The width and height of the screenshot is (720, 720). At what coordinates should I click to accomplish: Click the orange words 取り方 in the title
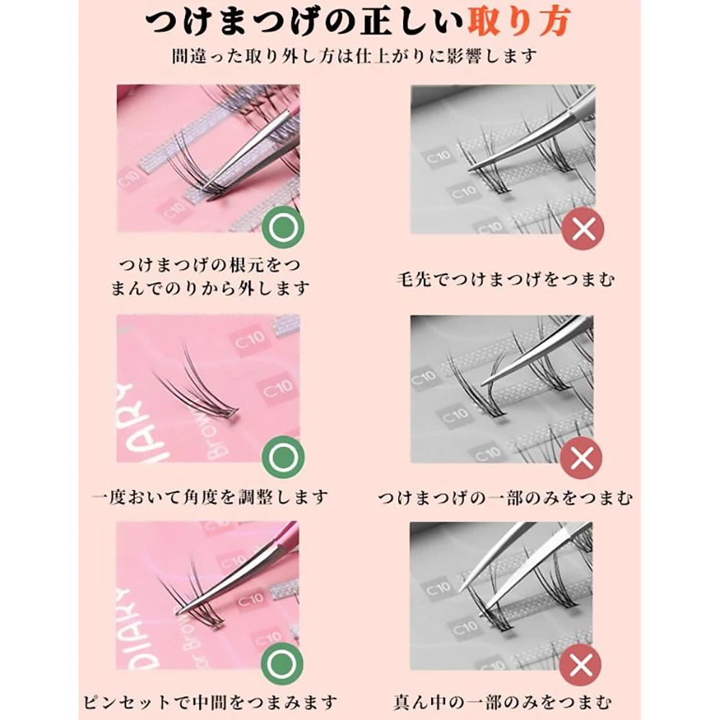coord(519,21)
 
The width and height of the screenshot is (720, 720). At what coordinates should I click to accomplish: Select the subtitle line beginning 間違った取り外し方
coord(354,56)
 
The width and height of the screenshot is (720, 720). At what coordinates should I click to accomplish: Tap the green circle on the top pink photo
coord(283,228)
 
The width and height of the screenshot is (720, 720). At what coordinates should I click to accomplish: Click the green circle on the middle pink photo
coord(283,457)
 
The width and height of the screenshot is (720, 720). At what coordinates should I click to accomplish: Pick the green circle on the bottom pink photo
coord(282,664)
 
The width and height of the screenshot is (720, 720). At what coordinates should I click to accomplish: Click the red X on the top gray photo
coord(582,228)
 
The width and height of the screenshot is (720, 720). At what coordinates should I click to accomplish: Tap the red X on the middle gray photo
coord(581,458)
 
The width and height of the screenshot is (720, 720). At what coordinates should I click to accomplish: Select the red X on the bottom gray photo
coord(580,665)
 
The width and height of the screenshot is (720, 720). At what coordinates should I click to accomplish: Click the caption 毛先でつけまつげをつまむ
coord(505,279)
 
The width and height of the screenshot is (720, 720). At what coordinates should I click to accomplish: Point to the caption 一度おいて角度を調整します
coord(210,498)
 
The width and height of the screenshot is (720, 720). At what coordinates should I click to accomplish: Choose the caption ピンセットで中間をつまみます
coord(210,702)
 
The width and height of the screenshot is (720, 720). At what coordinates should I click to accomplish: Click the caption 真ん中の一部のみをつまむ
coord(503,702)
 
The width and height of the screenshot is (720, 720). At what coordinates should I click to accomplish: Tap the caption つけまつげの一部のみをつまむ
coord(505,498)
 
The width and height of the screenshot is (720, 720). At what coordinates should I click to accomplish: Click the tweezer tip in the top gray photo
coord(470,171)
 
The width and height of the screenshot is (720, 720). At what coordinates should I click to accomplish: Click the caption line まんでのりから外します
coord(210,289)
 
